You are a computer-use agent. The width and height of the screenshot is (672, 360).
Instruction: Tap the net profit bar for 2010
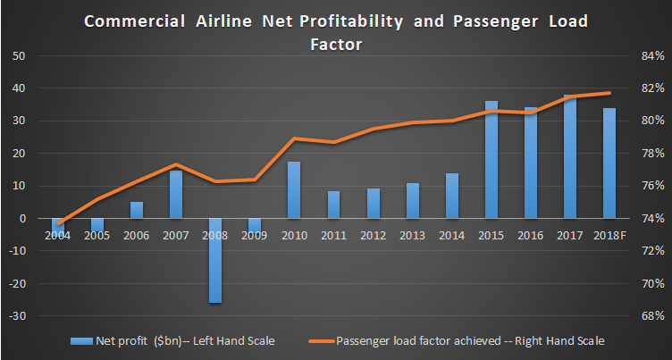[294, 189]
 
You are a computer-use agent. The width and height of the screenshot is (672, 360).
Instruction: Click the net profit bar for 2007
[176, 194]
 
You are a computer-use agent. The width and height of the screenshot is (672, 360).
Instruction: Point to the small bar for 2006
[137, 210]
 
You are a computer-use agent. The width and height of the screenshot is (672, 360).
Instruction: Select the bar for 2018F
[609, 163]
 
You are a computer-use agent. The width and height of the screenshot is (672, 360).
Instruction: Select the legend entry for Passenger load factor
[471, 340]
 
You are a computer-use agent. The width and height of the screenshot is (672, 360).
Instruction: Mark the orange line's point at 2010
[294, 138]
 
